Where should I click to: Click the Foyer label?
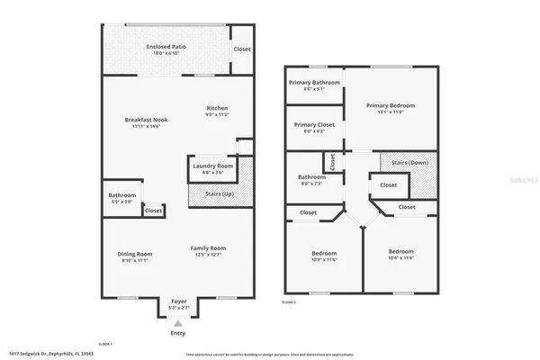tap(177, 303)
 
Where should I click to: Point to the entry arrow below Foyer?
tap(177, 321)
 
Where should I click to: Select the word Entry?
tap(177, 332)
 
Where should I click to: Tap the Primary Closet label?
tap(314, 127)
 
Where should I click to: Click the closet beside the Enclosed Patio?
tap(241, 49)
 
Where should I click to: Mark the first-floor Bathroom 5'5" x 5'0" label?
tap(121, 198)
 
